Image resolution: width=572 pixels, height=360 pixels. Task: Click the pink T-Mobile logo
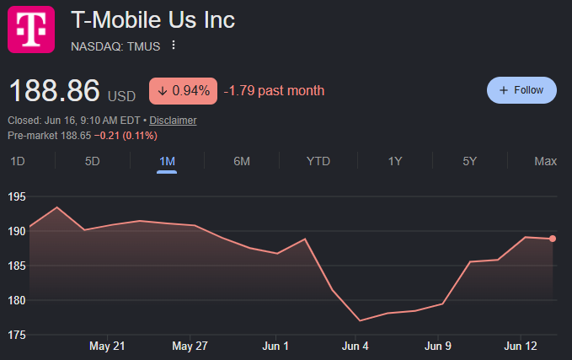coord(31,30)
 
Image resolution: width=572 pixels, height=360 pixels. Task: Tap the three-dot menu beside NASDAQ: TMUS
coord(174,45)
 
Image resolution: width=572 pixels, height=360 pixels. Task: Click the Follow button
coord(521,90)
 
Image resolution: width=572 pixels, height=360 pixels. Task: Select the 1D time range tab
coord(18,161)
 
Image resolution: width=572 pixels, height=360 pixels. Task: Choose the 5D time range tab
coord(93,161)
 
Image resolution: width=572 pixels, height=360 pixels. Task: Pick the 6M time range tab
coord(242,161)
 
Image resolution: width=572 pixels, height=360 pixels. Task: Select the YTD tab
coord(318,161)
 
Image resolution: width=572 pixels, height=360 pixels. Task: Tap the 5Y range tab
coord(469,161)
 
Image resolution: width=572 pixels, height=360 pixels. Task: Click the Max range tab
coord(545,161)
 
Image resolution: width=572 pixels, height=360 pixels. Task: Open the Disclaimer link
coord(173,121)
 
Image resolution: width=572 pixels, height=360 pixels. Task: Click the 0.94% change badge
coord(183,91)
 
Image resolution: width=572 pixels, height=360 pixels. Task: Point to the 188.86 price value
coord(55,90)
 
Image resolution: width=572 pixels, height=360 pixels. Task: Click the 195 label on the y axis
coord(17,196)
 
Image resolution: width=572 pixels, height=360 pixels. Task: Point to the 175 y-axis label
coord(17,335)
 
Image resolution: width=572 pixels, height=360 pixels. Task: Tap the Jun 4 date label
coord(355,347)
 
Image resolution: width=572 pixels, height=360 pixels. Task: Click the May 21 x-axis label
coord(107,347)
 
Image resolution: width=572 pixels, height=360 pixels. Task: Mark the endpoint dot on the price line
coord(553,239)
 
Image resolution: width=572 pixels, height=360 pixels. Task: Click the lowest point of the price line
coord(360,321)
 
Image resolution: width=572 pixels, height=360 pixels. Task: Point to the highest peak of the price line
coord(56,207)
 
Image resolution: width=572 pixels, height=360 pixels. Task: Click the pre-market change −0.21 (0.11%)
coord(126,136)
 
